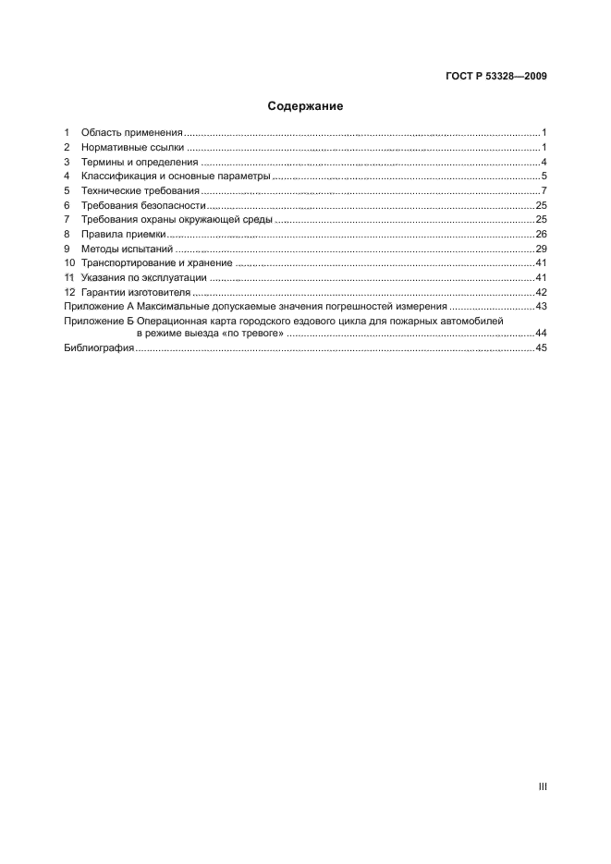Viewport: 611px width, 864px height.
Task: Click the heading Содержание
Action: pos(305,106)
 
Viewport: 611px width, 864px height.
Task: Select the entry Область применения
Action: pos(132,133)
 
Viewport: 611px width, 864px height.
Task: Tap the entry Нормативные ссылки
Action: pos(132,148)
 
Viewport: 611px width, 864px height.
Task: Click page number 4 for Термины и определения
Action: pos(544,162)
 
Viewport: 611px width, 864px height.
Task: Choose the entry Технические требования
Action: pos(140,190)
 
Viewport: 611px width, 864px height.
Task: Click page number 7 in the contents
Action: pos(544,190)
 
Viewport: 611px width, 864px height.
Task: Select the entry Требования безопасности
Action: pos(143,205)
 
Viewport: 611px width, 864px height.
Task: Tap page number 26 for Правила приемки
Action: pos(542,234)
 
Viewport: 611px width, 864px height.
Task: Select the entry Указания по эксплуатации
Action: pos(143,277)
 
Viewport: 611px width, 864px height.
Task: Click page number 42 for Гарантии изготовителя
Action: pos(542,292)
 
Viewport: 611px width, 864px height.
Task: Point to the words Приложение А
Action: pos(98,306)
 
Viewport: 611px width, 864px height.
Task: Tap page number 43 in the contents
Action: pos(542,306)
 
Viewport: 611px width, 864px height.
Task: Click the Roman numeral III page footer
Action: pos(543,787)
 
